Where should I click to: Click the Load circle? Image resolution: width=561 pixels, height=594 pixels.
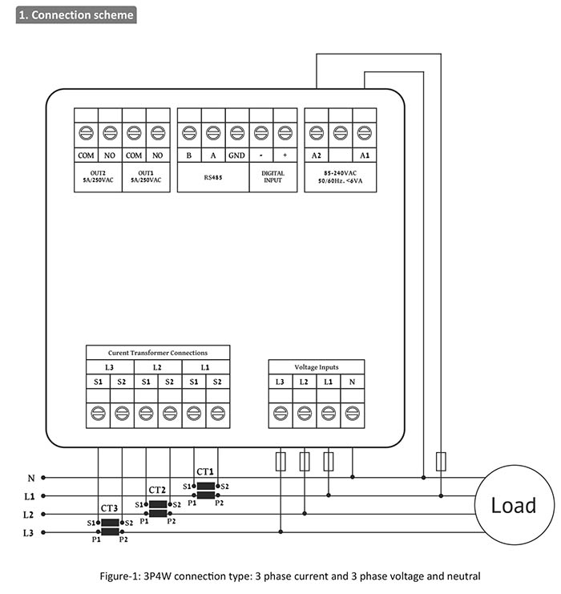(x=513, y=505)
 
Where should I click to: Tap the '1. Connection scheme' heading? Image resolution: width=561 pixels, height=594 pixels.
(x=76, y=14)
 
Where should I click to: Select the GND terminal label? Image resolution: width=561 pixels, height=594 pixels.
(x=236, y=155)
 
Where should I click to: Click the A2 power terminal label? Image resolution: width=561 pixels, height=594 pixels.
(x=316, y=155)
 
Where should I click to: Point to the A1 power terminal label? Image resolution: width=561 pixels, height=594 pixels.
(x=365, y=155)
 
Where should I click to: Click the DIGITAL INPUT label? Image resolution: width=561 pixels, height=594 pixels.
(x=272, y=177)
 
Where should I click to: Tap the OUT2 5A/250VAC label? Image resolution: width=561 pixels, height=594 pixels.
(x=98, y=177)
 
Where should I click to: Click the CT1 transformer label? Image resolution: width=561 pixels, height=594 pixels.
(x=205, y=472)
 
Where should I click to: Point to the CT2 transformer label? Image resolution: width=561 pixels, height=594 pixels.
(x=157, y=490)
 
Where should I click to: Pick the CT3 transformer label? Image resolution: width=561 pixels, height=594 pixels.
(x=110, y=508)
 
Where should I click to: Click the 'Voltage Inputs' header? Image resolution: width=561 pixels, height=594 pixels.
(x=316, y=367)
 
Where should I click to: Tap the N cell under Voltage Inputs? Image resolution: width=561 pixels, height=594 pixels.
(x=352, y=382)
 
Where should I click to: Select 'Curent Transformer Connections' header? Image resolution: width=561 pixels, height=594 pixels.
(x=158, y=353)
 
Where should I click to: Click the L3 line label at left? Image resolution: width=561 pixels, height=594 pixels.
(x=28, y=532)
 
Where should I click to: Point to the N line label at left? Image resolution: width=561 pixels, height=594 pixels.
(x=30, y=478)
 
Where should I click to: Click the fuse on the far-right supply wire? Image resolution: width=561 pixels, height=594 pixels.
(x=440, y=461)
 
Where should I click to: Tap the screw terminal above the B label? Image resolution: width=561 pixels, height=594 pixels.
(x=188, y=132)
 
